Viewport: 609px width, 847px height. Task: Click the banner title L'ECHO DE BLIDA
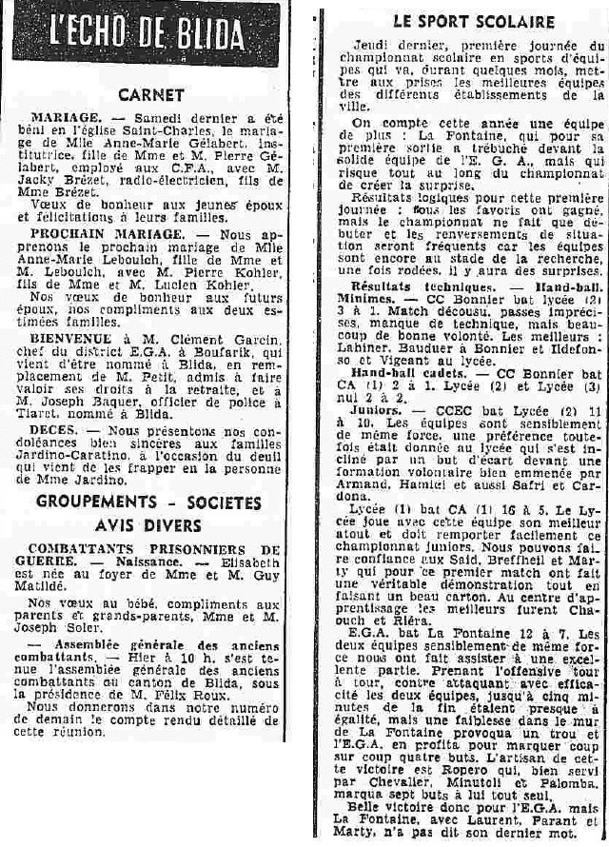[147, 36]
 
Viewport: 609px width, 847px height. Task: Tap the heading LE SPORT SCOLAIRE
[460, 21]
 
